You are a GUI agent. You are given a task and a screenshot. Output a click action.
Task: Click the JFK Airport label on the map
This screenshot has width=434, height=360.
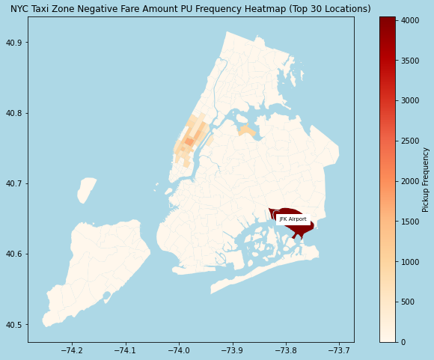(293, 219)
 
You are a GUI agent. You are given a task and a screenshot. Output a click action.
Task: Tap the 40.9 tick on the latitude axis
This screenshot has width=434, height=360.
(14, 43)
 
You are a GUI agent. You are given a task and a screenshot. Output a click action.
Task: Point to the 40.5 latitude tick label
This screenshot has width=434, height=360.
(14, 325)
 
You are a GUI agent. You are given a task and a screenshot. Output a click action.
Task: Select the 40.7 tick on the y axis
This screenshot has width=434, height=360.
(14, 183)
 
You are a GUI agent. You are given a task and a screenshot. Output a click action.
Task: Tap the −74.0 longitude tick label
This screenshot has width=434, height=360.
(179, 350)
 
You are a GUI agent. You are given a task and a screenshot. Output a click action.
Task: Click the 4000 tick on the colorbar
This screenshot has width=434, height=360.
(411, 20)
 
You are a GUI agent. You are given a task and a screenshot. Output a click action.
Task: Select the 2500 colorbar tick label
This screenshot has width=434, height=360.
(411, 141)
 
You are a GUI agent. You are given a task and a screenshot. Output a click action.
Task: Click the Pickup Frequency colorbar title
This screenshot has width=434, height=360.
(426, 179)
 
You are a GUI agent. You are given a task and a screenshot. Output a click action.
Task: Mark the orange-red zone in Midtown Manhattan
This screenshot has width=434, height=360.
(189, 141)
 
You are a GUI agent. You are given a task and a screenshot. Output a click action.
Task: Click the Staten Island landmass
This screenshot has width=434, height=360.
(97, 266)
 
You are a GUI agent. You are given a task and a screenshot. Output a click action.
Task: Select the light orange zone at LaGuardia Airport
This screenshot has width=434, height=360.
(246, 131)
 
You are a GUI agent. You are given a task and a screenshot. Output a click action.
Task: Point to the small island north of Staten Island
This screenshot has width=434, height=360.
(87, 190)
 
